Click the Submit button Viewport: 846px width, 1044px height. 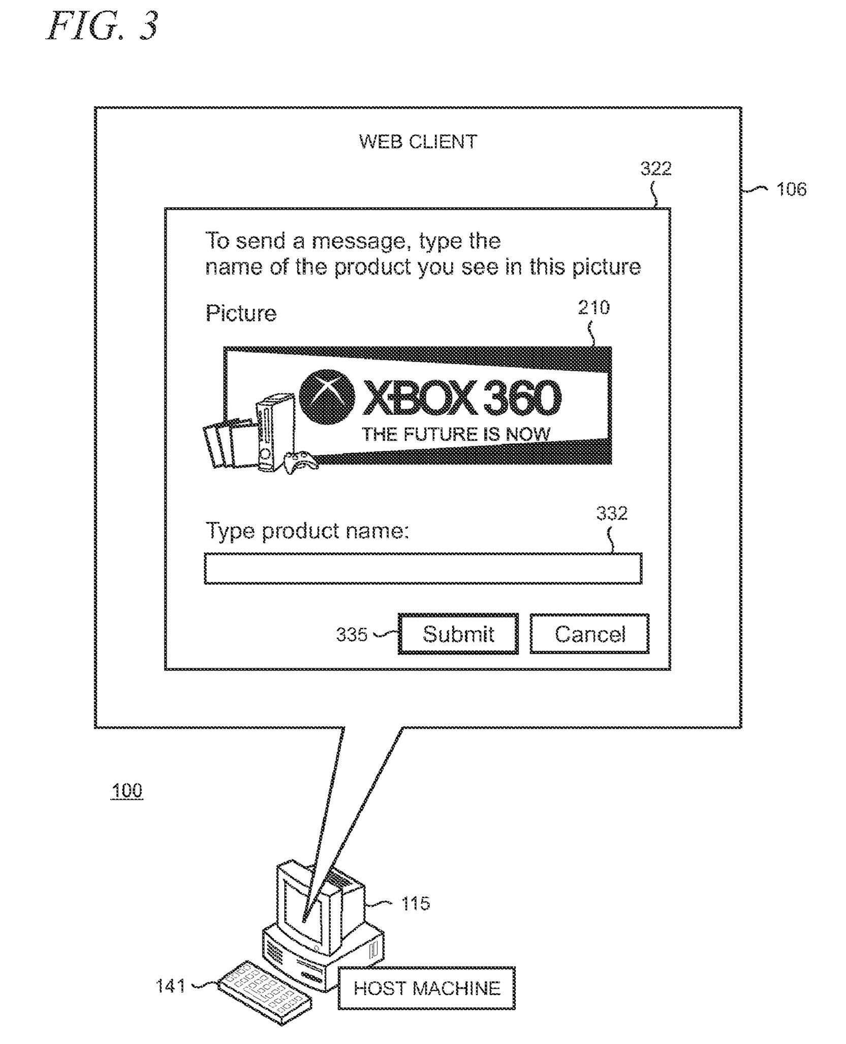tap(458, 634)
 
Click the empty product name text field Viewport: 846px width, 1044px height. tap(423, 569)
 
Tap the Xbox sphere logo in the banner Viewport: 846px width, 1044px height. tap(327, 398)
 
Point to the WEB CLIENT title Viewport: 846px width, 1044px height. tap(418, 142)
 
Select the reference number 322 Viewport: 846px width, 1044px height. tap(656, 168)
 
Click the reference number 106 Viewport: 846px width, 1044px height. tap(791, 189)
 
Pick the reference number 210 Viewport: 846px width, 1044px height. tap(593, 307)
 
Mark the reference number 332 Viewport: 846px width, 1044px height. tap(612, 513)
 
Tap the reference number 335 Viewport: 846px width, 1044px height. tap(352, 634)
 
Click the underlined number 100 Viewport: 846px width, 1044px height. tap(127, 791)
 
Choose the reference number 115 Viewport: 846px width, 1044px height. tap(416, 903)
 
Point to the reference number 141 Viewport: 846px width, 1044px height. tap(171, 986)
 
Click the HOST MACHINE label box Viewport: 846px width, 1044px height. tap(427, 988)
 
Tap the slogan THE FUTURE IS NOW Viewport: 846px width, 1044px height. tap(456, 434)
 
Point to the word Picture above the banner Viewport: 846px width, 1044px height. tap(241, 313)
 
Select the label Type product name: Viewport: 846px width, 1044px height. tap(307, 531)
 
